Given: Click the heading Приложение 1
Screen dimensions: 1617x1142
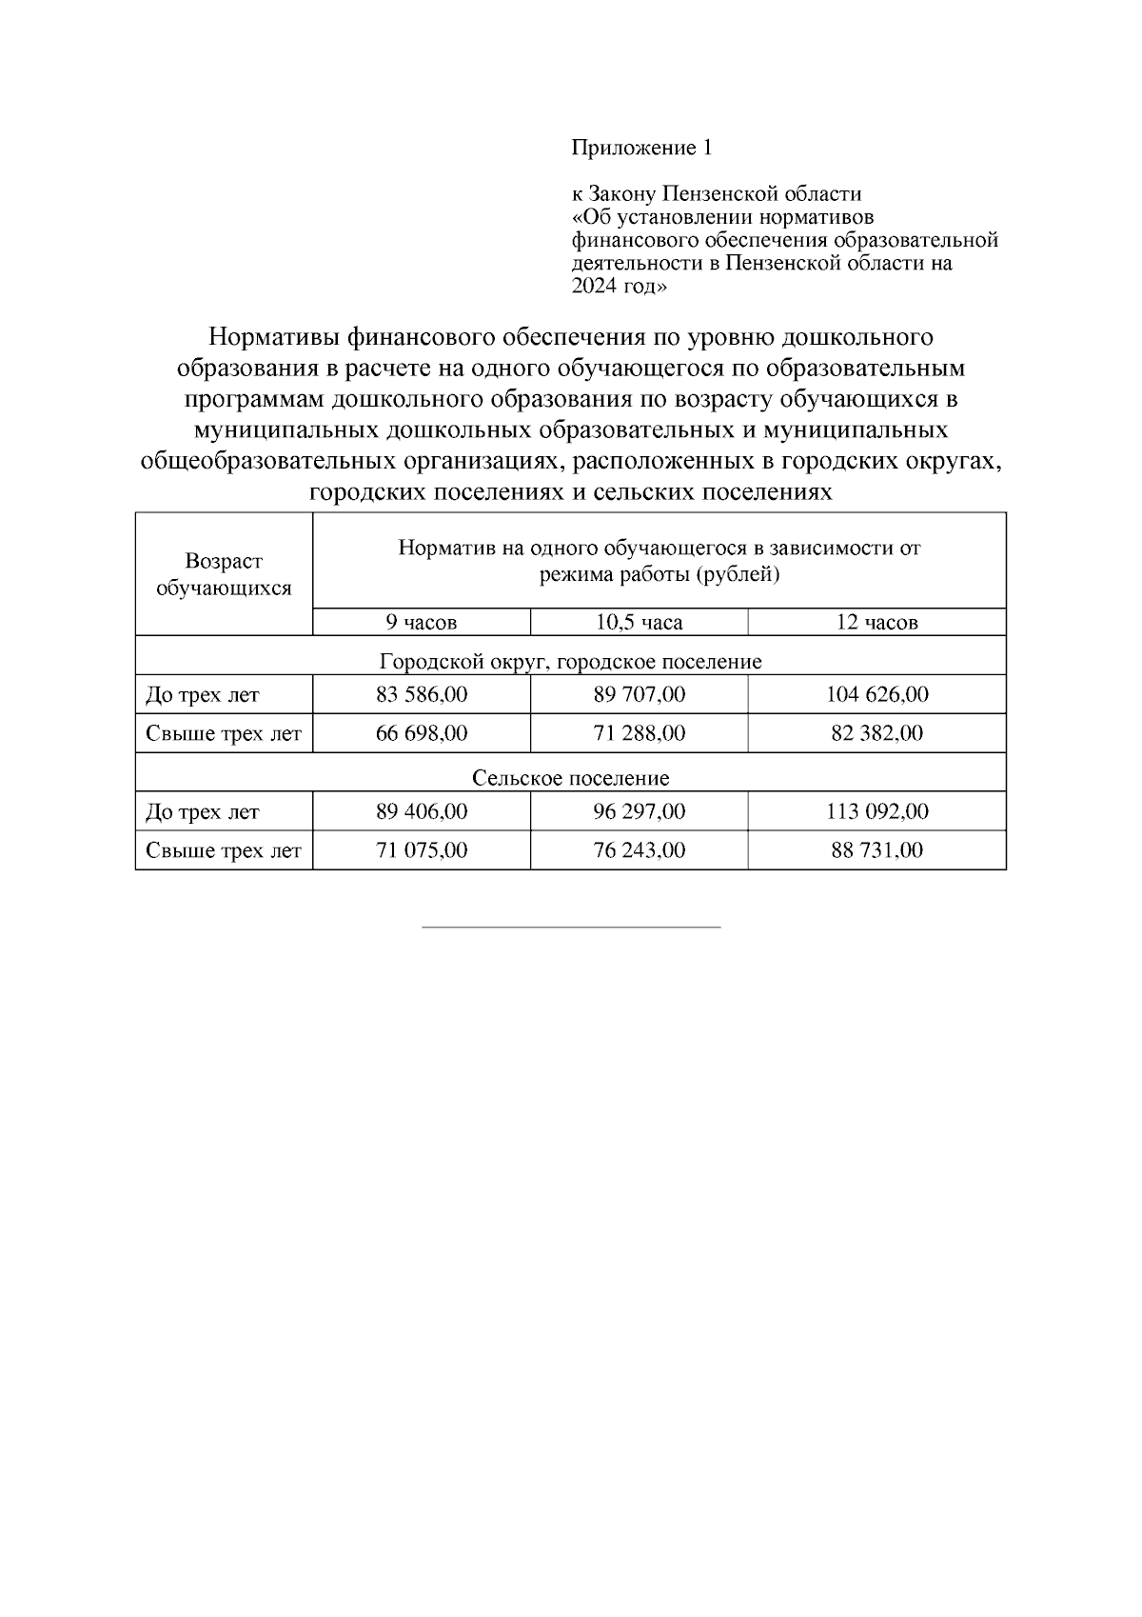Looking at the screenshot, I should click(x=640, y=149).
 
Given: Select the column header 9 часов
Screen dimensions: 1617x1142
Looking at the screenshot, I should click(x=421, y=623).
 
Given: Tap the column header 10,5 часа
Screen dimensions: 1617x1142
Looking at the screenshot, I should click(x=639, y=623).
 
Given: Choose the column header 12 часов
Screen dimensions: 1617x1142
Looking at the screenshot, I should click(x=876, y=623).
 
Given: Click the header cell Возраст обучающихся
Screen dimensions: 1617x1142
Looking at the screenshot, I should click(x=224, y=574).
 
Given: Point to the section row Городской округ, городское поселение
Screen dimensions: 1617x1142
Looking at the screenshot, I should click(x=570, y=661).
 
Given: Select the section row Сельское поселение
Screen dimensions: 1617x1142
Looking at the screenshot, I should click(x=570, y=778).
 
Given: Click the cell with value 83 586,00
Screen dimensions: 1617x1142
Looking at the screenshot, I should click(x=422, y=695).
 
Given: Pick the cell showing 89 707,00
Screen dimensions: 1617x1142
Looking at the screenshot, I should click(x=639, y=695).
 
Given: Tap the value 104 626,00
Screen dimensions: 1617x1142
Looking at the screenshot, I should click(x=876, y=695).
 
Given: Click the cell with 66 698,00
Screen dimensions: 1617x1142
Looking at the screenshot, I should click(x=422, y=734).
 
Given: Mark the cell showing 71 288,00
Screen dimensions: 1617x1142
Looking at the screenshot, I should click(x=639, y=734).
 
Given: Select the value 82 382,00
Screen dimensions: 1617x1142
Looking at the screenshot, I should click(x=876, y=734).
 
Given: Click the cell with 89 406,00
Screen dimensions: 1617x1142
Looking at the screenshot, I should click(x=422, y=812).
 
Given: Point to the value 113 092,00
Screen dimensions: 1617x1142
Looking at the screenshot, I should click(x=876, y=812).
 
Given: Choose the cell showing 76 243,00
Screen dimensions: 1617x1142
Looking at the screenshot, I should click(x=639, y=850).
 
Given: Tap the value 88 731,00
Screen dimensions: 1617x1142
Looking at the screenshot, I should click(x=876, y=850).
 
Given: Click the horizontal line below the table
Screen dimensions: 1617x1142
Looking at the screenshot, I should click(x=571, y=927).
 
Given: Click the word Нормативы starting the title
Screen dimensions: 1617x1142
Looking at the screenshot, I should click(x=273, y=337).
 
